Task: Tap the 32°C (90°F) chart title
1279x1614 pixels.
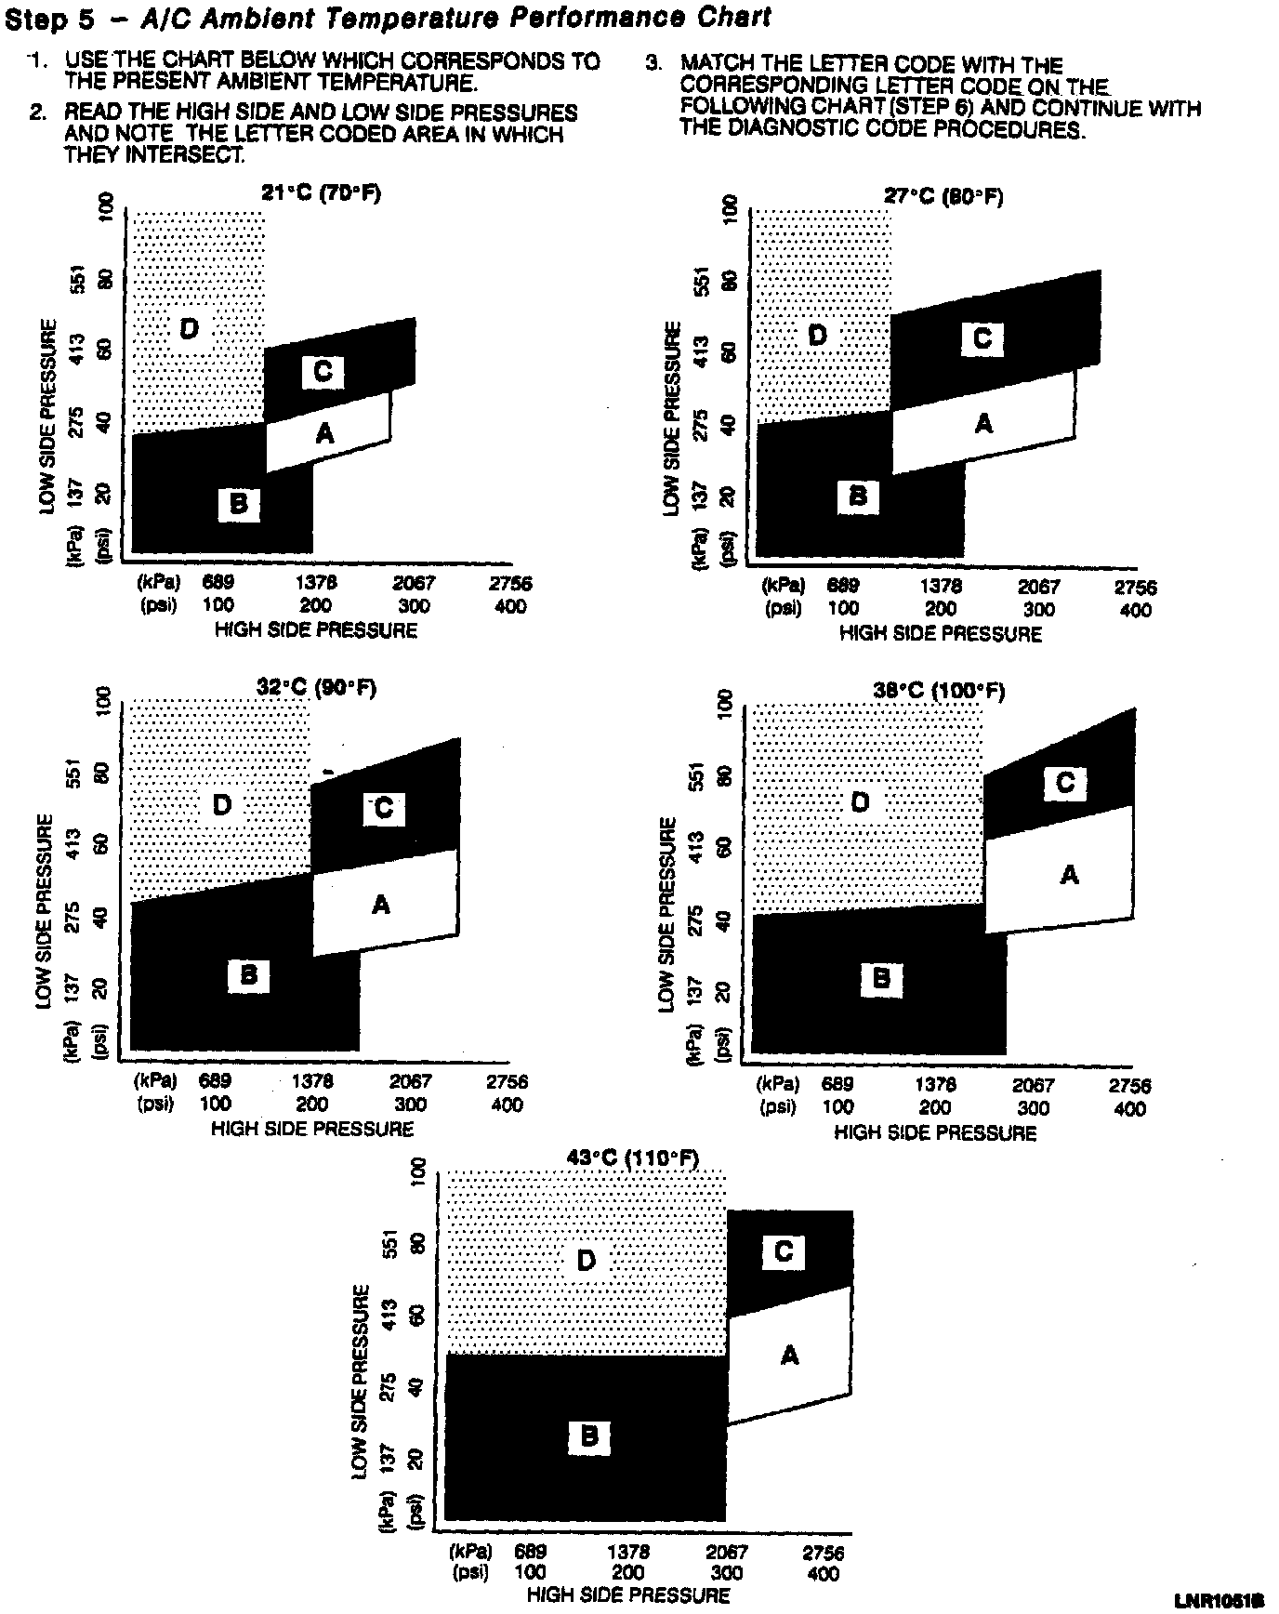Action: point(317,689)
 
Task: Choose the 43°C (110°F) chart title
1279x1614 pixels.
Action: point(634,1158)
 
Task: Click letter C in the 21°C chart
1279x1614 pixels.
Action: point(323,372)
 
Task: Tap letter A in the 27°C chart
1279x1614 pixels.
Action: point(983,424)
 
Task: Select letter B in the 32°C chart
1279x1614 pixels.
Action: point(248,975)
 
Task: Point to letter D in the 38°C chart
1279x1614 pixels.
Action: point(861,801)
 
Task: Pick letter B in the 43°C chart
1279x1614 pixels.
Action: point(588,1436)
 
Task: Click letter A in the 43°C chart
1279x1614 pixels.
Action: point(789,1356)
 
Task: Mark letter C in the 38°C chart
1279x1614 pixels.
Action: point(1065,783)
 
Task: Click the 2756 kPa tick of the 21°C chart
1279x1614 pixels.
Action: point(511,584)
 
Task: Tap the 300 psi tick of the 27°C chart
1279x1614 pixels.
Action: point(1039,610)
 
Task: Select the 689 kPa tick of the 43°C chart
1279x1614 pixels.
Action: point(530,1553)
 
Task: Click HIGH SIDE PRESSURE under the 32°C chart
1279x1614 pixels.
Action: point(312,1129)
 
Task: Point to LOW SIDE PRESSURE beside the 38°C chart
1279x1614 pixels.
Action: point(667,915)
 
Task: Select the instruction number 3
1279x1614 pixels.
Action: point(654,65)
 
